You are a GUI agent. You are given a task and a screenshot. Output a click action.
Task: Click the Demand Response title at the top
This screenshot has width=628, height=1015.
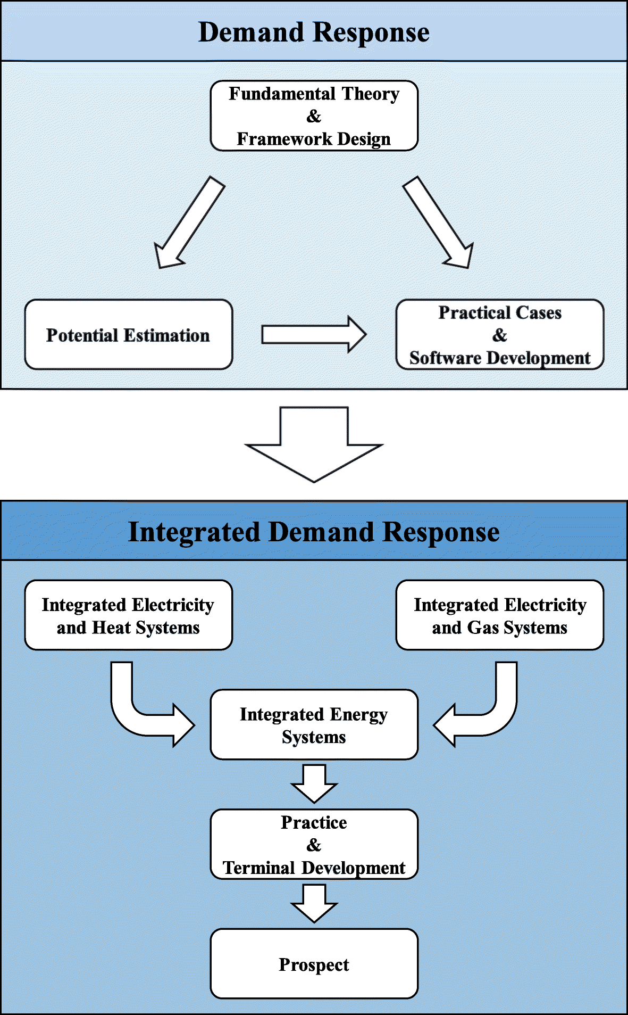point(314,32)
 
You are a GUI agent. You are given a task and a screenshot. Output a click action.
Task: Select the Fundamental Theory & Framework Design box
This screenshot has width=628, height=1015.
point(314,115)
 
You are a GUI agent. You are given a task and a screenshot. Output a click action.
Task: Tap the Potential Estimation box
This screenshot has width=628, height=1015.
point(129,334)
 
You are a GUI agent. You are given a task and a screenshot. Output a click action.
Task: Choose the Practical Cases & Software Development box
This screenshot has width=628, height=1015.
point(500,334)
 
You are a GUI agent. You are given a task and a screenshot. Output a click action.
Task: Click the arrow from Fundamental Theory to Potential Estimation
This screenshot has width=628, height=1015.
point(189,223)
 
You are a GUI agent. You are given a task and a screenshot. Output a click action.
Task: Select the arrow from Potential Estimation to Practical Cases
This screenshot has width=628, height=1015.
point(314,334)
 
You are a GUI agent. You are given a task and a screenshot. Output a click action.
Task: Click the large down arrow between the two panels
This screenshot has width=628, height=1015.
point(314,445)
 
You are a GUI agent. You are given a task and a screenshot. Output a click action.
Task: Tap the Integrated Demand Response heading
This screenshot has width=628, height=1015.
point(314,532)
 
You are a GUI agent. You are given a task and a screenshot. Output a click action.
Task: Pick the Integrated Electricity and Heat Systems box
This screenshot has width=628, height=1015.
point(129,615)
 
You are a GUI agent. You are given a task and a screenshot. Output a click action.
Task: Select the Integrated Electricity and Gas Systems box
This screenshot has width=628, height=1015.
point(500,615)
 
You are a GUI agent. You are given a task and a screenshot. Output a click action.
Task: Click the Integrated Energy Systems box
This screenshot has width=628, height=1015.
point(314,724)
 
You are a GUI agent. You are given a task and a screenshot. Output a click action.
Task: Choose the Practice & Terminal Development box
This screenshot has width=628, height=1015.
point(314,844)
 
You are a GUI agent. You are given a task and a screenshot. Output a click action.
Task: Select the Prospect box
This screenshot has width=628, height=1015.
point(314,964)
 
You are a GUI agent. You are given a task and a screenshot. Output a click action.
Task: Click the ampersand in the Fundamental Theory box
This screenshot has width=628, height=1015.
point(314,116)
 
